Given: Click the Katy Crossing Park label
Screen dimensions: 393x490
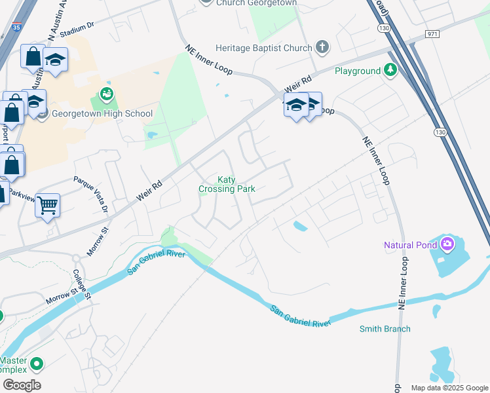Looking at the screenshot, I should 227,184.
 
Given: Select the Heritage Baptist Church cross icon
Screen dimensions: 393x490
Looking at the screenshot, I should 321,47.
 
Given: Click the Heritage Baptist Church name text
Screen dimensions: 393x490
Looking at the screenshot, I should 263,47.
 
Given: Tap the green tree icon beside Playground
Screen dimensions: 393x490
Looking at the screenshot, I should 390,70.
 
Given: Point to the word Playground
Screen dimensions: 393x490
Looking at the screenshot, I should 358,71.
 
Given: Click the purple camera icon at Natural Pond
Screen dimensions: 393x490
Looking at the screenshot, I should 447,245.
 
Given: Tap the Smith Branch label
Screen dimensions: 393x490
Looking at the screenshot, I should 385,329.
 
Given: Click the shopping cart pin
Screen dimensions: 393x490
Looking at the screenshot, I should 47,206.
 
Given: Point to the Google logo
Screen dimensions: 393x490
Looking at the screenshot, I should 22,385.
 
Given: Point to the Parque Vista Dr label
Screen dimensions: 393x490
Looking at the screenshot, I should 90,194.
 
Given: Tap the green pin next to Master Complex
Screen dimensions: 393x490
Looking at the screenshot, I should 37,363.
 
